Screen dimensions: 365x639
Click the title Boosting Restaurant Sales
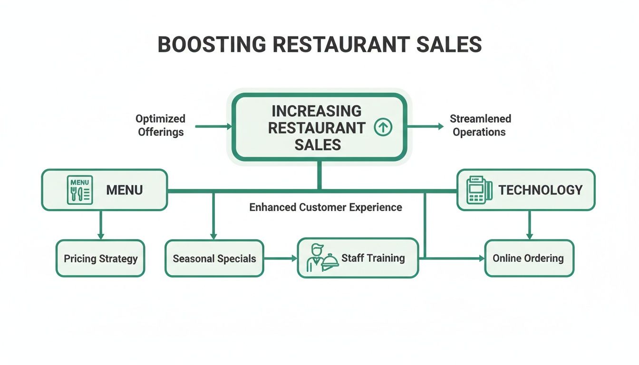(319, 44)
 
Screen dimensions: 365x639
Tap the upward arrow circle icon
(383, 127)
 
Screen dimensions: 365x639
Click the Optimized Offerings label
(160, 125)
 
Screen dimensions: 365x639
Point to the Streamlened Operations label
(480, 125)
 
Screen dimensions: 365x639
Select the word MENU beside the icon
(125, 190)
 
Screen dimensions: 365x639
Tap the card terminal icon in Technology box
(479, 190)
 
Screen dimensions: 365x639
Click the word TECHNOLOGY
(540, 190)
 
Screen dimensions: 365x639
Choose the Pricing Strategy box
(100, 259)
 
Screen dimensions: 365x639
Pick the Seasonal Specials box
(214, 259)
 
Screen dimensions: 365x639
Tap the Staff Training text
(373, 258)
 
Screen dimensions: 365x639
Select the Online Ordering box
(529, 259)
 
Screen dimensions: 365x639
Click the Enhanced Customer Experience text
(326, 207)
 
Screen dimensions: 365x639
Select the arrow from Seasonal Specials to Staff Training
(280, 259)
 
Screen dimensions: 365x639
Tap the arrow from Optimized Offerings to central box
(213, 126)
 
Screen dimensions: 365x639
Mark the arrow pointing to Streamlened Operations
(425, 126)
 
